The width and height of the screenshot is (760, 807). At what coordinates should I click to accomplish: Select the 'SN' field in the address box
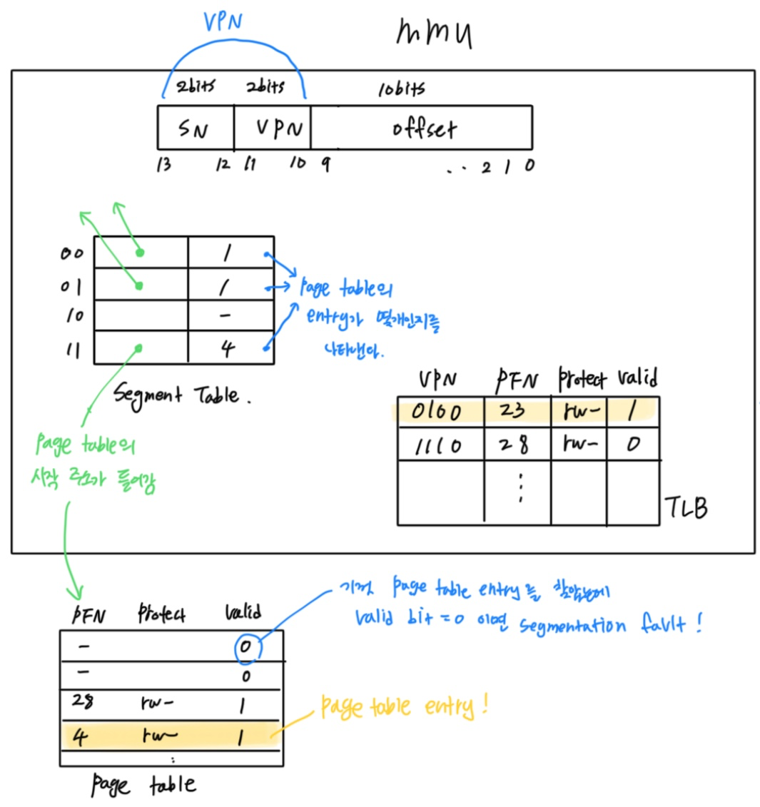tap(193, 129)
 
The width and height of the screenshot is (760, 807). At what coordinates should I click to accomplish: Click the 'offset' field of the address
tap(424, 129)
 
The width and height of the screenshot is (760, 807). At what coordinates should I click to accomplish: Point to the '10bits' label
tap(401, 88)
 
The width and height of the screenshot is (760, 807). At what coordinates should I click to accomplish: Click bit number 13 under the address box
tap(164, 165)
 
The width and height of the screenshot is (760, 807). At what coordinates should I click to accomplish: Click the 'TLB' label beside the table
tap(686, 507)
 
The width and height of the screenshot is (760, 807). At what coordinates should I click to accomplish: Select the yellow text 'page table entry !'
tap(403, 707)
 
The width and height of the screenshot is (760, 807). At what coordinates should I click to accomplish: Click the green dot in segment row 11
tap(138, 348)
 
